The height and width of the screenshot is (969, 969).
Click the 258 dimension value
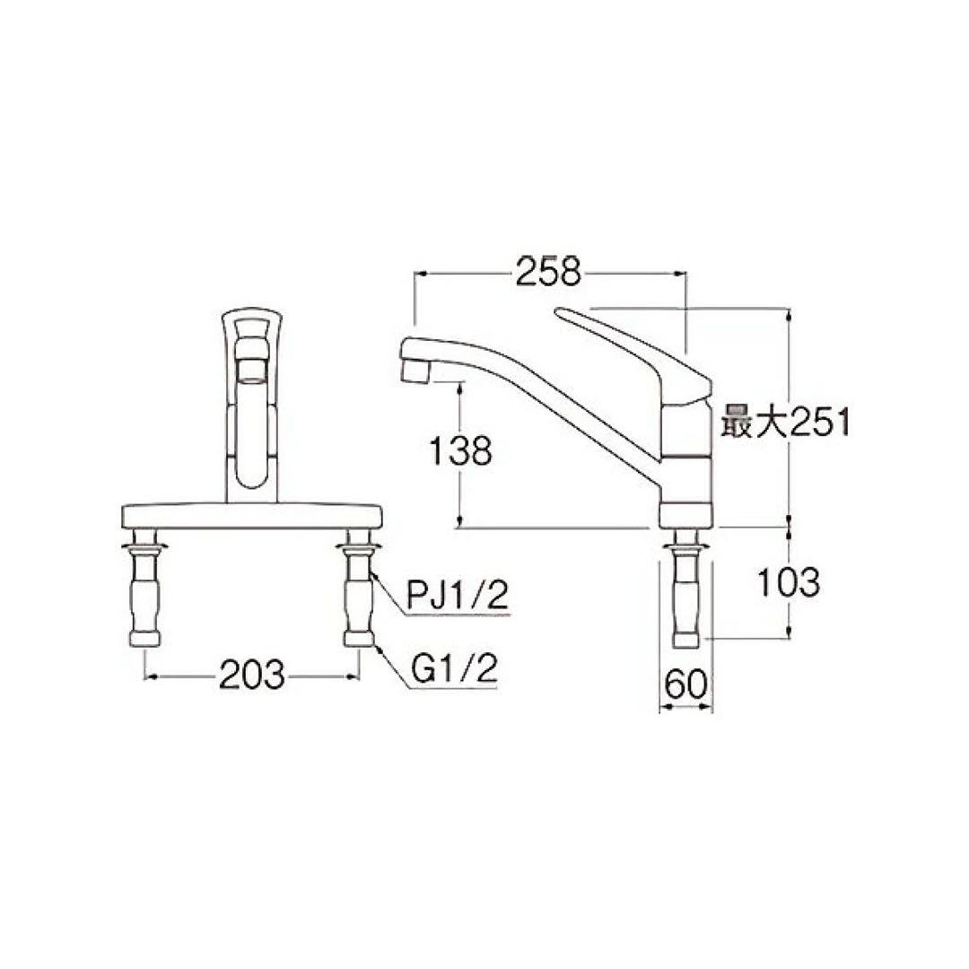[x=548, y=271]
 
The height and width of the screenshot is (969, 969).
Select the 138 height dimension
[x=458, y=451]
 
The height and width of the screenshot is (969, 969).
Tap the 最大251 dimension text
[x=784, y=422]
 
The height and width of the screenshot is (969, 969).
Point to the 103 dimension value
[x=788, y=583]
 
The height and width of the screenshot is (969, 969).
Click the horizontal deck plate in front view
[x=252, y=517]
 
